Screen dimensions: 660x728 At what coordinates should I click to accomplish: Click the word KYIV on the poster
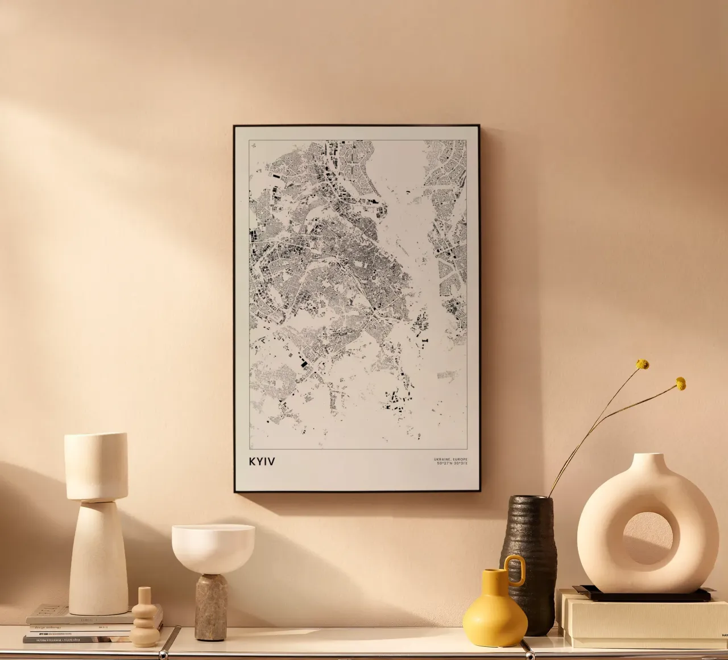(262, 461)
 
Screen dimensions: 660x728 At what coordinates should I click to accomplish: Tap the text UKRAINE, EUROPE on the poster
(450, 459)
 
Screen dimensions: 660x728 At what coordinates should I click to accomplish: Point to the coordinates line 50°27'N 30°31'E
(452, 464)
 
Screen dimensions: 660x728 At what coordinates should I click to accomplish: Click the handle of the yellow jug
(516, 570)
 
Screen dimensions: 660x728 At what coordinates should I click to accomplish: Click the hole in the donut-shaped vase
(648, 537)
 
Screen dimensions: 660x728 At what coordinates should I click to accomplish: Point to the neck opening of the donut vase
(647, 456)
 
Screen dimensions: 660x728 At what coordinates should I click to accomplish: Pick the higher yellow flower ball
(643, 364)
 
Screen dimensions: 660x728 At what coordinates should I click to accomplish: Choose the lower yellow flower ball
(680, 384)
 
